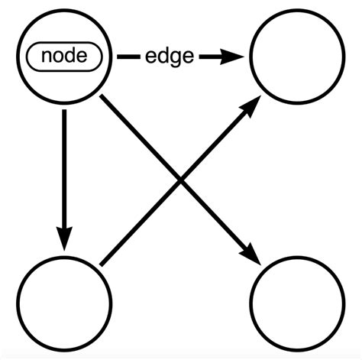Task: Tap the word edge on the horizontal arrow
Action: tap(168, 57)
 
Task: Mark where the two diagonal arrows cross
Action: tap(180, 180)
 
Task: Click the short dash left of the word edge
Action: tap(128, 57)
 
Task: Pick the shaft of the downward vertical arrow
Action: tap(64, 168)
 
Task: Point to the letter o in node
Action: tap(58, 57)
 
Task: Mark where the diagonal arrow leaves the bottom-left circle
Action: tap(100, 265)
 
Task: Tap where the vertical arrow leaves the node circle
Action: tap(64, 110)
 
